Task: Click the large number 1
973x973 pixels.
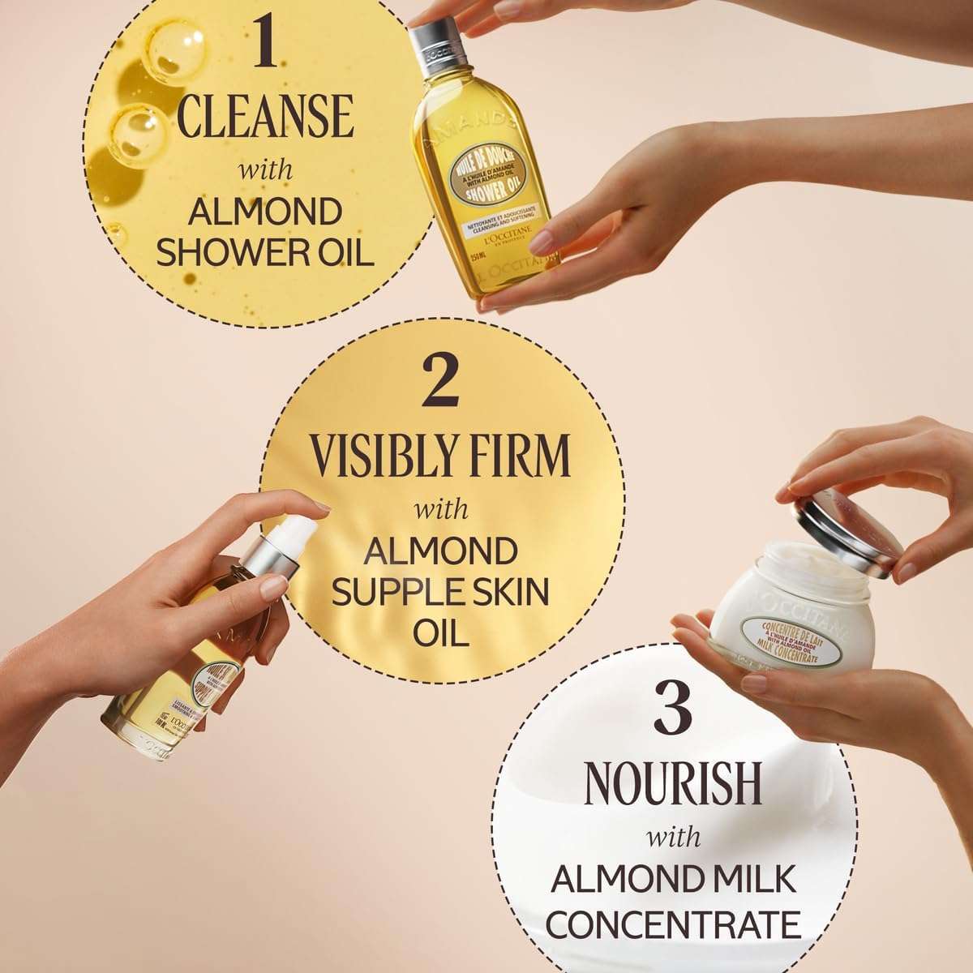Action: click(x=264, y=45)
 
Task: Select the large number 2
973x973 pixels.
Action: click(x=442, y=383)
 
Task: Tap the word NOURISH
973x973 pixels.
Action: click(x=672, y=783)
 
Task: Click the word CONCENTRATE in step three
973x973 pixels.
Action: click(x=673, y=924)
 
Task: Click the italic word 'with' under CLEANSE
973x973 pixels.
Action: click(x=264, y=172)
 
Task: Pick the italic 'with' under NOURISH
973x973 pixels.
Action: click(x=672, y=836)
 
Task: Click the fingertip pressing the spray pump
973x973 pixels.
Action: click(x=319, y=508)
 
